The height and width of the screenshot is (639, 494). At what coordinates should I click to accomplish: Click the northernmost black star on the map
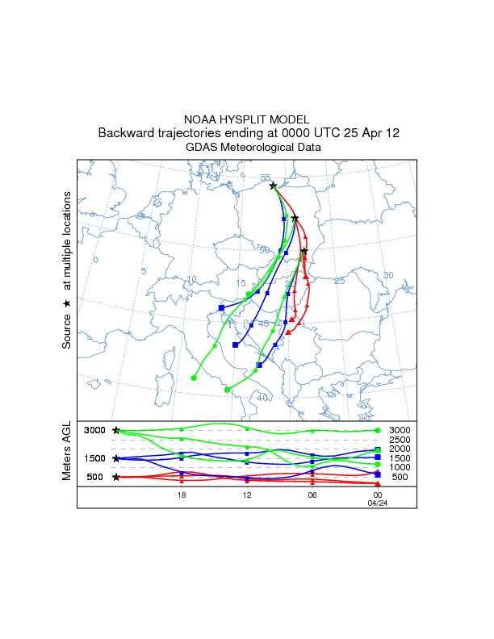tap(274, 186)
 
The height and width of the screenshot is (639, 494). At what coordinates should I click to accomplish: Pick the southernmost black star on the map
tap(304, 252)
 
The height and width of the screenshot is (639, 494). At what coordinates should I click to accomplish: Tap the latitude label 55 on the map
tap(266, 177)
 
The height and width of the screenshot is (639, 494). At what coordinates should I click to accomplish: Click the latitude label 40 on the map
tap(262, 398)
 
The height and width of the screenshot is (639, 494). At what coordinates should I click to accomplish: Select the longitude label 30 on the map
tap(387, 275)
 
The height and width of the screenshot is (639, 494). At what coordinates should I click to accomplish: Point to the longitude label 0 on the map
tap(95, 260)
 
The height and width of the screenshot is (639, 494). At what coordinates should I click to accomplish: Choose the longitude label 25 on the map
tap(339, 281)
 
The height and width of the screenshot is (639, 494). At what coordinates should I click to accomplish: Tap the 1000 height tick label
tap(400, 467)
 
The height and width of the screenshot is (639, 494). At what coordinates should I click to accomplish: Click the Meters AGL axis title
tap(68, 452)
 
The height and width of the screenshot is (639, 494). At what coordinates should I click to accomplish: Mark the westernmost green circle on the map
tap(194, 378)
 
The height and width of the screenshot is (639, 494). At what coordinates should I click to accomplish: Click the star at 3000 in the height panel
tap(116, 431)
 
